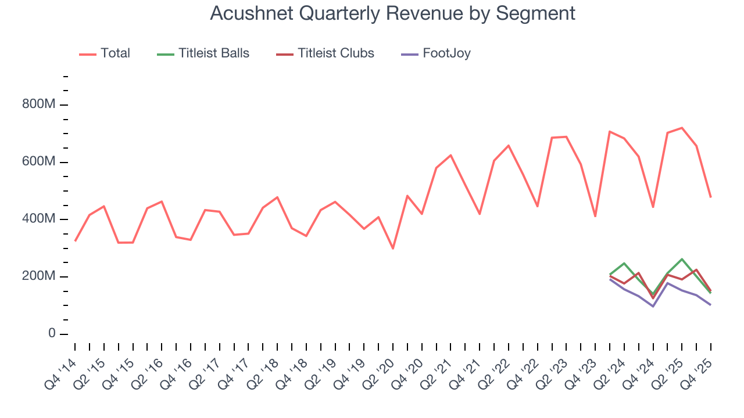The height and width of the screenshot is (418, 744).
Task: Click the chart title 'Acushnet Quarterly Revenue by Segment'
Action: pos(392,13)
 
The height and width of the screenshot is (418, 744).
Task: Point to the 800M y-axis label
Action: pos(39,105)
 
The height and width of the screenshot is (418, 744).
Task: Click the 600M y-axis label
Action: pos(39,162)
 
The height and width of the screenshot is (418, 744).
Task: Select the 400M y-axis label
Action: pos(39,219)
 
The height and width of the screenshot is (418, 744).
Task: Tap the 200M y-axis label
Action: pos(39,276)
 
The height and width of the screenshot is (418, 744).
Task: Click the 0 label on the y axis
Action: pos(52,334)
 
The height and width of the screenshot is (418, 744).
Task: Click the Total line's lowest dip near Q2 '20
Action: pos(393,248)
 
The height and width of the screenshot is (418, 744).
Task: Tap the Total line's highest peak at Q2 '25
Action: pos(682,128)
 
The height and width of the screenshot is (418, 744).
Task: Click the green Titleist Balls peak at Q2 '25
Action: pos(682,259)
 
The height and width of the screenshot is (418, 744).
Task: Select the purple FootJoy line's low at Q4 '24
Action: pos(653,306)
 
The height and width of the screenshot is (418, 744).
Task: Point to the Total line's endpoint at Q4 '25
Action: pos(710,197)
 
